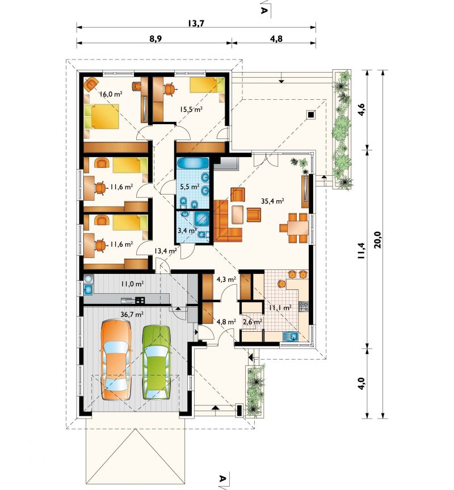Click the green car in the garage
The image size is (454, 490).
point(157,362)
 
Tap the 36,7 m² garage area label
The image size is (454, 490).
point(132,314)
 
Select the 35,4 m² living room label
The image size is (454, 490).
point(272,201)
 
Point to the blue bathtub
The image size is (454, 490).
point(193,163)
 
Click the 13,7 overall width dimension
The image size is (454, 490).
point(196,23)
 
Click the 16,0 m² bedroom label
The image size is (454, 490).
point(111,94)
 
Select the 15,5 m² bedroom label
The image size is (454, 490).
point(191,109)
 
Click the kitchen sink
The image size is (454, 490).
point(291,336)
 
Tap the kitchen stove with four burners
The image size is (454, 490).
point(304,307)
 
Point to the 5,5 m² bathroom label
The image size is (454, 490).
point(190,187)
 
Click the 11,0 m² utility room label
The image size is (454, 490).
point(132,284)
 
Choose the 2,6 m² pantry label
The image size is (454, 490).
point(253,322)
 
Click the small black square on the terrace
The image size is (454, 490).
point(311,115)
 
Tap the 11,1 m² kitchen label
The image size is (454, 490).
point(280,308)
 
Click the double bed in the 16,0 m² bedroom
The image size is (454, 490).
point(102,116)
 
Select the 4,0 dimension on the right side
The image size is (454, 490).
point(361,383)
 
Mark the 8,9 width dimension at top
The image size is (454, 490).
point(155,39)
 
